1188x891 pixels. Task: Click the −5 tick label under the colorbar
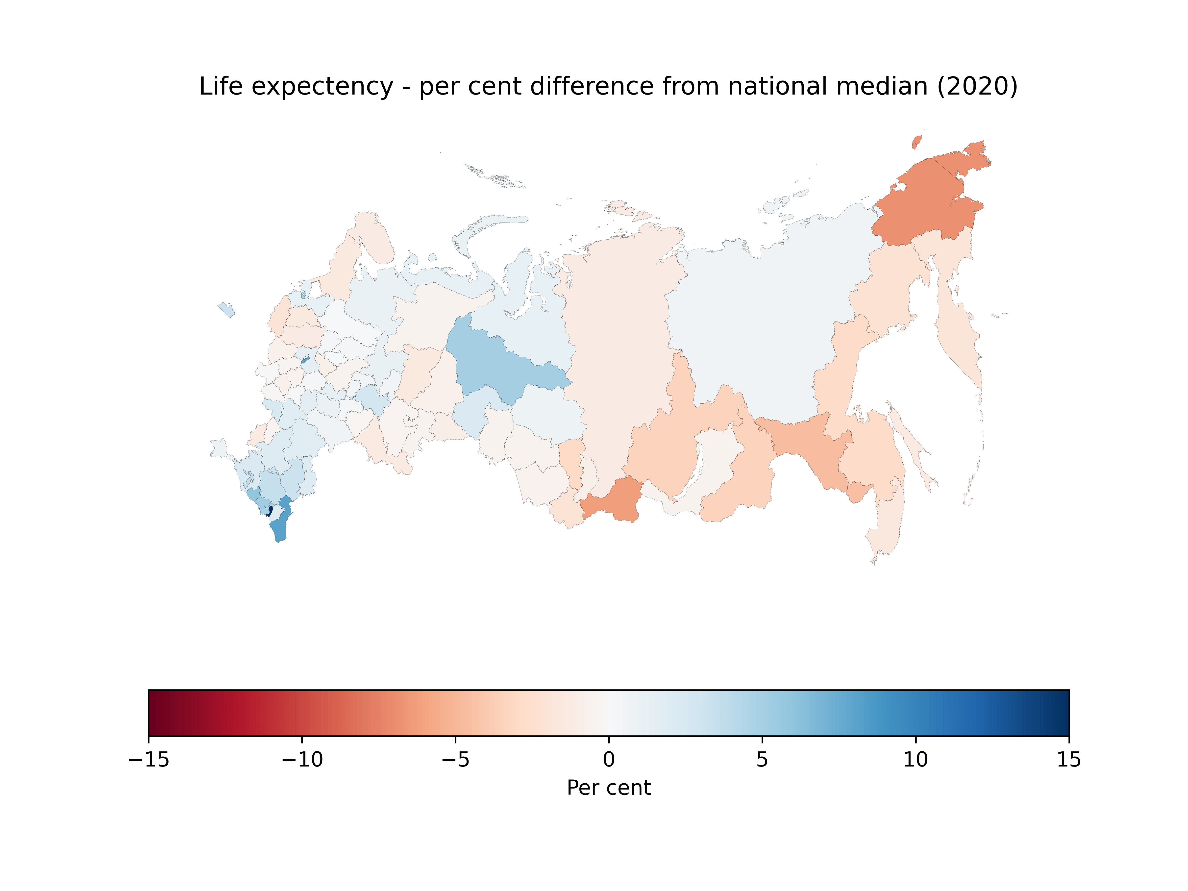pyautogui.click(x=455, y=759)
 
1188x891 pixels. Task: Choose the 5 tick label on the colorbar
pyautogui.click(x=762, y=759)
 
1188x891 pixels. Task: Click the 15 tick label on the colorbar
pyautogui.click(x=1069, y=759)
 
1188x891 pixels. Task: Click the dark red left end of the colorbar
pyautogui.click(x=153, y=713)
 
